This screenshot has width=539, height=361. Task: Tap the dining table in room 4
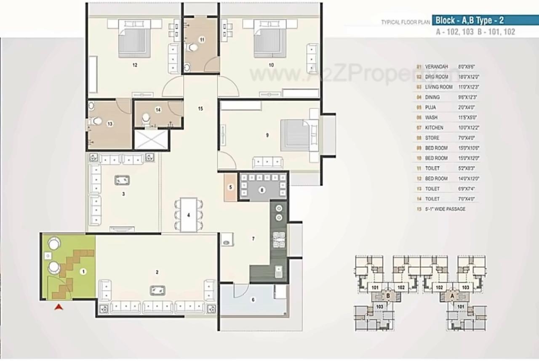pyautogui.click(x=189, y=215)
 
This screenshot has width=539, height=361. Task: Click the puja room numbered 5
pyautogui.click(x=230, y=187)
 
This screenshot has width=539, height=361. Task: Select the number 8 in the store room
pyautogui.click(x=262, y=190)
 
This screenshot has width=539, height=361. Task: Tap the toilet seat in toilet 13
pyautogui.click(x=96, y=121)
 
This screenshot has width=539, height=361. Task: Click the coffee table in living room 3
pyautogui.click(x=122, y=180)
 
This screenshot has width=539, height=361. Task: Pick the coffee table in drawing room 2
pyautogui.click(x=157, y=290)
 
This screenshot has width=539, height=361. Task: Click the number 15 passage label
pyautogui.click(x=200, y=109)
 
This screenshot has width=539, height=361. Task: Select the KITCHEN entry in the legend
pyautogui.click(x=434, y=127)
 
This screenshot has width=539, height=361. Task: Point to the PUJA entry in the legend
pyautogui.click(x=430, y=107)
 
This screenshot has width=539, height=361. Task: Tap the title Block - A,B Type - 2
pyautogui.click(x=470, y=20)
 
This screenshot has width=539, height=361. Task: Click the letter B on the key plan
pyautogui.click(x=388, y=297)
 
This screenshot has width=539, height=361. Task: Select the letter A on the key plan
pyautogui.click(x=452, y=297)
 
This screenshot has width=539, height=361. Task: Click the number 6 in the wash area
pyautogui.click(x=253, y=300)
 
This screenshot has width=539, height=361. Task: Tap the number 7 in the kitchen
pyautogui.click(x=253, y=239)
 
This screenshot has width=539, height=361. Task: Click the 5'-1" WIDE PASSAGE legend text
pyautogui.click(x=446, y=209)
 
